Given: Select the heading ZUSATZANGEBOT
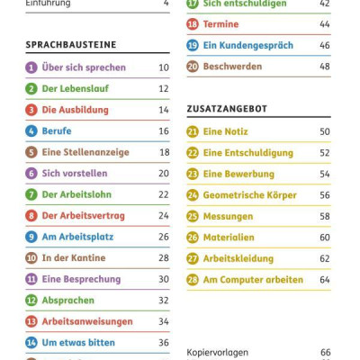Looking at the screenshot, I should coord(227,108).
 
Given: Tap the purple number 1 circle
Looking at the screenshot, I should coord(31,67).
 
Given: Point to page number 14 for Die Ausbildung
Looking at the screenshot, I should coord(164,110).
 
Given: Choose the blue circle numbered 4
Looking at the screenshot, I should coord(31,131).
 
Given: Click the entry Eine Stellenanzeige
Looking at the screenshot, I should coord(86,152).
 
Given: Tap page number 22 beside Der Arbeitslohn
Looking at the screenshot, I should coord(164,194).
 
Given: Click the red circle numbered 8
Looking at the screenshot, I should coord(31,216).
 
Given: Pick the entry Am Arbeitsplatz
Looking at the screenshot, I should coord(80,237).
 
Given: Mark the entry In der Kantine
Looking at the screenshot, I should coord(74,258).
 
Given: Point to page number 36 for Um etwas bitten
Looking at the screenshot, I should coord(164,343).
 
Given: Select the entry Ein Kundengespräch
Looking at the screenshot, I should coord(247,45).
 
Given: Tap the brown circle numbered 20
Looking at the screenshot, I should coord(193,67).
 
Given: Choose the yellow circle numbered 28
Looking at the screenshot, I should coord(193,280).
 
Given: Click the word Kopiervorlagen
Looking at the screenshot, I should coord(218,352).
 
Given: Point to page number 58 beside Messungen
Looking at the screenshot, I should coord(325,216).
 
